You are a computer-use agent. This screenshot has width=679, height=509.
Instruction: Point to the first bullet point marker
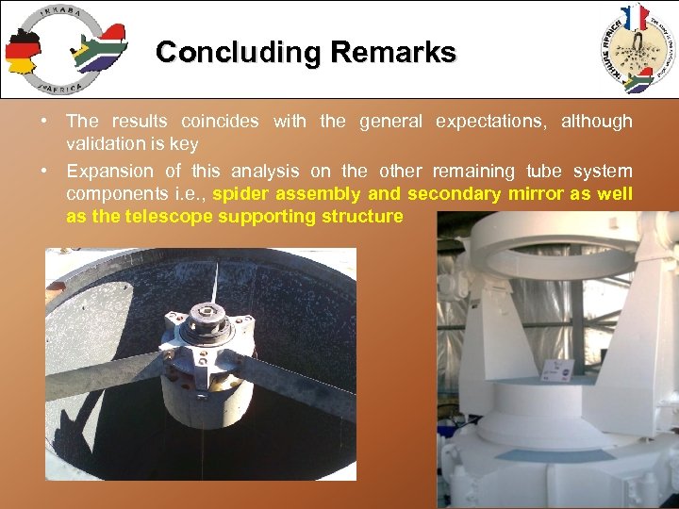(45, 122)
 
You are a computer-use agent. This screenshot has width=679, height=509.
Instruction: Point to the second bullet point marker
(45, 172)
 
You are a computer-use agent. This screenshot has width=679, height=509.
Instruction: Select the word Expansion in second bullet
(109, 171)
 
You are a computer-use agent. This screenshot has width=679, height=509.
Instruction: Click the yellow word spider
(240, 194)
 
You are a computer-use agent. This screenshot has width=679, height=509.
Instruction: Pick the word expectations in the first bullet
(493, 121)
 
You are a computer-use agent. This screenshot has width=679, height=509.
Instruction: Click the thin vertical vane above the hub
(215, 282)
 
